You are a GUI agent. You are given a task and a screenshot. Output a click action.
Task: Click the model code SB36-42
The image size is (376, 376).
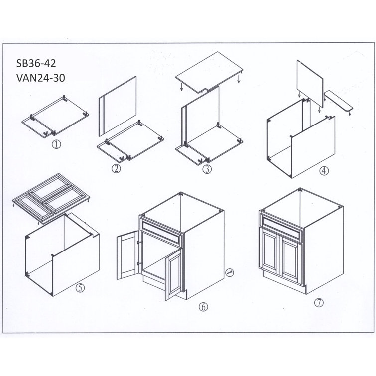(37, 64)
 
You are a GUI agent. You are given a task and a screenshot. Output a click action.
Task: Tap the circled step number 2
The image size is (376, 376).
(116, 168)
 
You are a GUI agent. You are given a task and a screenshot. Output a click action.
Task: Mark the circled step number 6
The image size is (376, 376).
(202, 307)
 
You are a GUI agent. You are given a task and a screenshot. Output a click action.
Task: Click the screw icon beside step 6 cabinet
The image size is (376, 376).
(230, 272)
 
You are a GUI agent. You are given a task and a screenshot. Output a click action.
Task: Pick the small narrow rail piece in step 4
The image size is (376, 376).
(338, 100)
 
